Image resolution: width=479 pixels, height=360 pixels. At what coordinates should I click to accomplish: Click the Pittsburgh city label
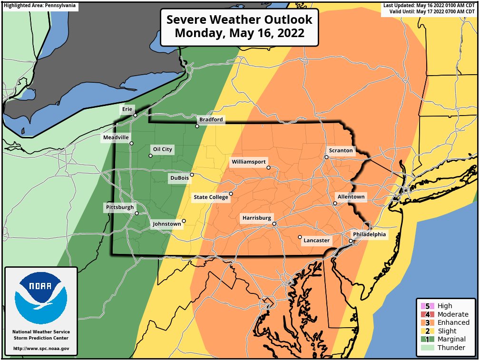coord(120,207)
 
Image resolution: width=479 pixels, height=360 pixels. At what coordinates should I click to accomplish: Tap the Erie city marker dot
coord(135,115)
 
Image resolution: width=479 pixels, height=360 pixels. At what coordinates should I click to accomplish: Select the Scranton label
coord(341,151)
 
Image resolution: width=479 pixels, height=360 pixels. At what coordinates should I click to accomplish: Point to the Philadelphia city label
coord(370,234)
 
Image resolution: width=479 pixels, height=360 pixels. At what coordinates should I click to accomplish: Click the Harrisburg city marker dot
coord(274,224)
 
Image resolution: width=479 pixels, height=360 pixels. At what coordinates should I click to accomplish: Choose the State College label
coord(211,197)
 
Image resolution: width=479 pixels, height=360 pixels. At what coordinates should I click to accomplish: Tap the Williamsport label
coord(248,162)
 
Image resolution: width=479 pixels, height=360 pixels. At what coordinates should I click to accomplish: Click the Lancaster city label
coord(316,241)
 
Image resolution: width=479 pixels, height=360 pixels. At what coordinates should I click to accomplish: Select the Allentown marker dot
coord(335,204)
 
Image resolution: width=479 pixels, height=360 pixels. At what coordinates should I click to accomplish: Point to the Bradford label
coord(211,119)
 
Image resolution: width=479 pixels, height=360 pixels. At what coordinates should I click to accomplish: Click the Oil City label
coord(162,149)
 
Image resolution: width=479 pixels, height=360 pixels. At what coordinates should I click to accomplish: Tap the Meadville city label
coord(116,138)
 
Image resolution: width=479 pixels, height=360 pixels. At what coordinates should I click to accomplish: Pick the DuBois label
coord(179,178)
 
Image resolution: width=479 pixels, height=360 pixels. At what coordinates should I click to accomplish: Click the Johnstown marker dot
coord(184,221)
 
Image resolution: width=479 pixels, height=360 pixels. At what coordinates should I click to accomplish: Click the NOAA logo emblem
coord(41,298)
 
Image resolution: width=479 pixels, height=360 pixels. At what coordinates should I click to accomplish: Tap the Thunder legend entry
coord(451,348)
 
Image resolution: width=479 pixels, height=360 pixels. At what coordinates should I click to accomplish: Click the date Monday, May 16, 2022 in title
coord(239,33)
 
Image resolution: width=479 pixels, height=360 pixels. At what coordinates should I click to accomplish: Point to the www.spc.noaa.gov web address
coord(41,349)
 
